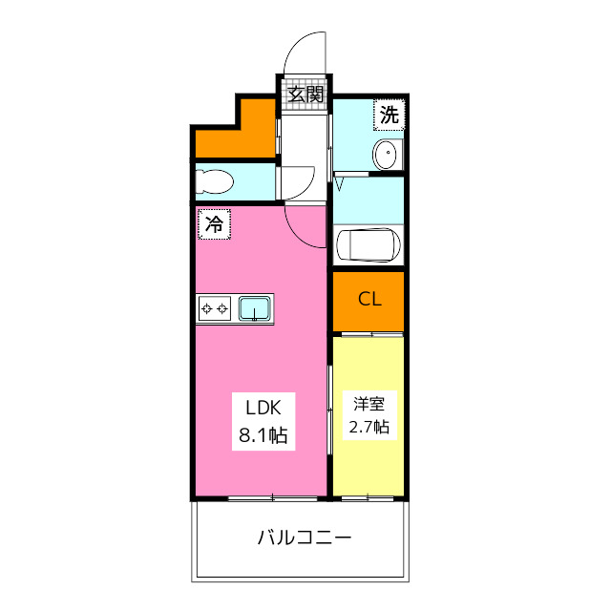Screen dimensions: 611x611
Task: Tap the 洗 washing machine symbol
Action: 389,116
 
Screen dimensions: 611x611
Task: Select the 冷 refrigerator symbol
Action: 215,225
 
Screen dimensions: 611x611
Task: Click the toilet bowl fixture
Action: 216,181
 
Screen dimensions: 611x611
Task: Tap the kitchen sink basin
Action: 255,308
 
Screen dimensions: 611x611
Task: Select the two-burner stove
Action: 215,308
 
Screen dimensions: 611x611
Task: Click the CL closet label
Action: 369,299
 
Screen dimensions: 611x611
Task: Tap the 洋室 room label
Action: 369,403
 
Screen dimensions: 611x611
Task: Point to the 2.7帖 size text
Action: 369,427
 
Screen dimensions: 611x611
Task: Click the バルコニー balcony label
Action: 305,537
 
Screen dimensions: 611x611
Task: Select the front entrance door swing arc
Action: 307,53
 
